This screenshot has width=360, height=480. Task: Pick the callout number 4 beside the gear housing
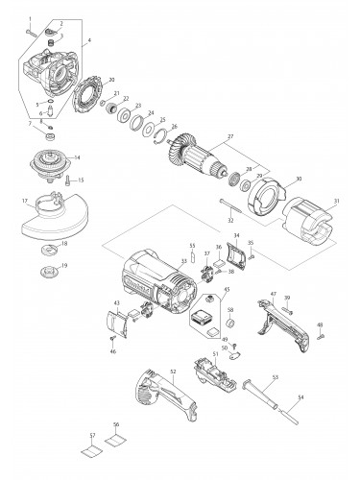pos(88,41)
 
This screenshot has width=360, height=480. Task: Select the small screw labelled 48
pos(320,337)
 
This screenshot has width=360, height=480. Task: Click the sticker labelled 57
pos(91,445)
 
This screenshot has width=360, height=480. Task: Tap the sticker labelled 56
pos(115,445)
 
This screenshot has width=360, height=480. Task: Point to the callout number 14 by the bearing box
pos(76,156)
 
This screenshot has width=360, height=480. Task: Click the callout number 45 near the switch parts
pos(227,291)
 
